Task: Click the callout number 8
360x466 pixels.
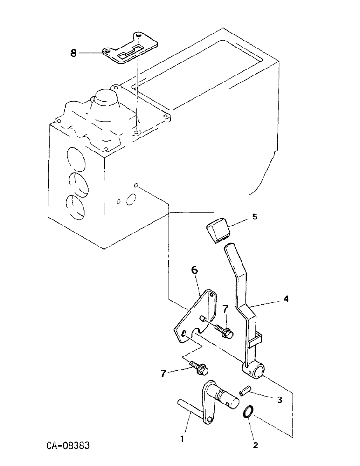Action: click(x=73, y=54)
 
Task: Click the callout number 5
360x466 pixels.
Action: click(x=254, y=218)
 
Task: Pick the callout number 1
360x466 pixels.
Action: click(x=182, y=439)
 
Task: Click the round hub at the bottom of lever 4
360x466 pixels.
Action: click(x=254, y=370)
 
